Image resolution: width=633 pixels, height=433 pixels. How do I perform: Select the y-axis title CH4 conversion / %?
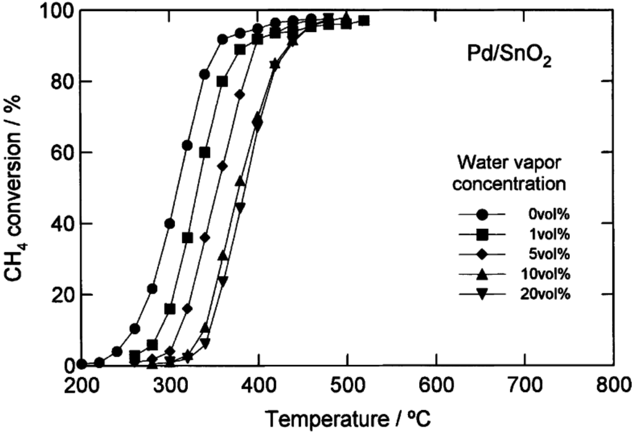(x=19, y=188)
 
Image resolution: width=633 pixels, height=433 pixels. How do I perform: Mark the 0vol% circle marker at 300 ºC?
(x=170, y=223)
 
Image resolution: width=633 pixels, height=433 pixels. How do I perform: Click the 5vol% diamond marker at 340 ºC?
(x=205, y=238)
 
